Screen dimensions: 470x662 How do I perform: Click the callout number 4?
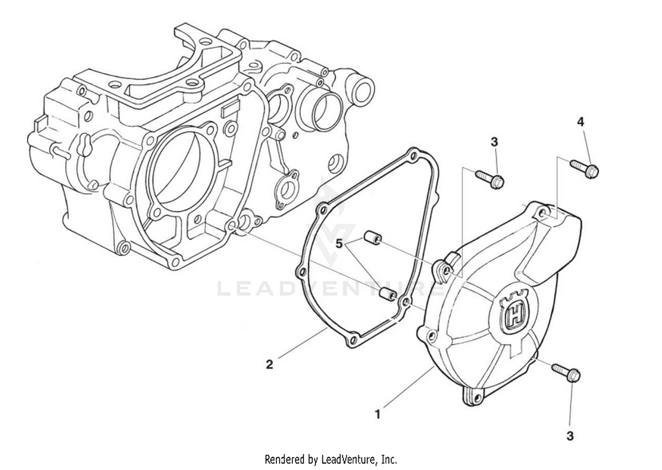click(x=581, y=122)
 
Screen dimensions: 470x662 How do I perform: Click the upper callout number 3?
click(x=494, y=142)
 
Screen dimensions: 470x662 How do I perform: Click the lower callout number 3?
click(x=570, y=436)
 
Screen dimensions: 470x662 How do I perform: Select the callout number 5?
click(x=339, y=243)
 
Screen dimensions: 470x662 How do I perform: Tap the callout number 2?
click(x=269, y=364)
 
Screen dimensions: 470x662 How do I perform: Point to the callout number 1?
click(x=377, y=414)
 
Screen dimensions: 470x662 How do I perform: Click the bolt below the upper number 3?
click(x=490, y=179)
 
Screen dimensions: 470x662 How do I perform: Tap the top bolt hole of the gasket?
click(x=413, y=155)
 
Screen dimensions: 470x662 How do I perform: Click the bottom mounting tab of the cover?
click(x=475, y=397)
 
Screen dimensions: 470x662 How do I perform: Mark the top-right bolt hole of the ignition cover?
click(x=543, y=213)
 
